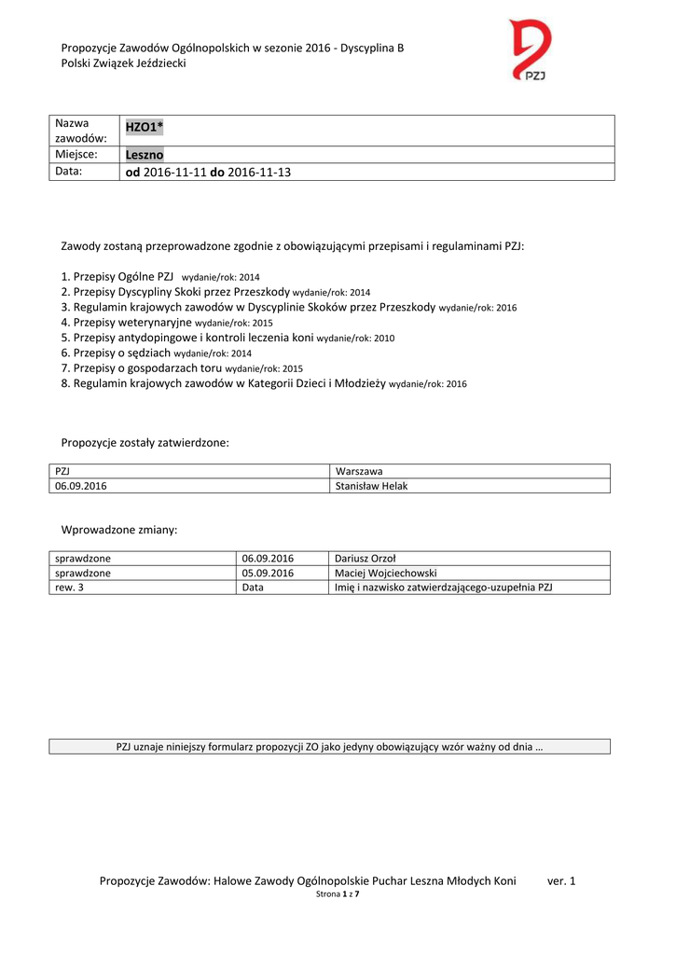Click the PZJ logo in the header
click(531, 50)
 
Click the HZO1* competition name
click(145, 128)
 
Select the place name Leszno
click(145, 155)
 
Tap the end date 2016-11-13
click(259, 173)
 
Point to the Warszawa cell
click(359, 471)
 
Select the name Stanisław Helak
click(371, 486)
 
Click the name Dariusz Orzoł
click(366, 558)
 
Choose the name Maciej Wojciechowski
click(386, 573)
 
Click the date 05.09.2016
click(268, 573)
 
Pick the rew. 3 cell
click(70, 588)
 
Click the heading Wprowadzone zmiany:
click(118, 530)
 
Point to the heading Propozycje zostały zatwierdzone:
click(145, 442)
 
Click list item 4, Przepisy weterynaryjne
click(127, 322)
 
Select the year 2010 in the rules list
click(383, 339)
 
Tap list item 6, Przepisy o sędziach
click(117, 353)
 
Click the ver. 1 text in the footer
click(561, 880)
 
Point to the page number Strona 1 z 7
click(338, 894)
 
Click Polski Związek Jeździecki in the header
click(123, 62)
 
